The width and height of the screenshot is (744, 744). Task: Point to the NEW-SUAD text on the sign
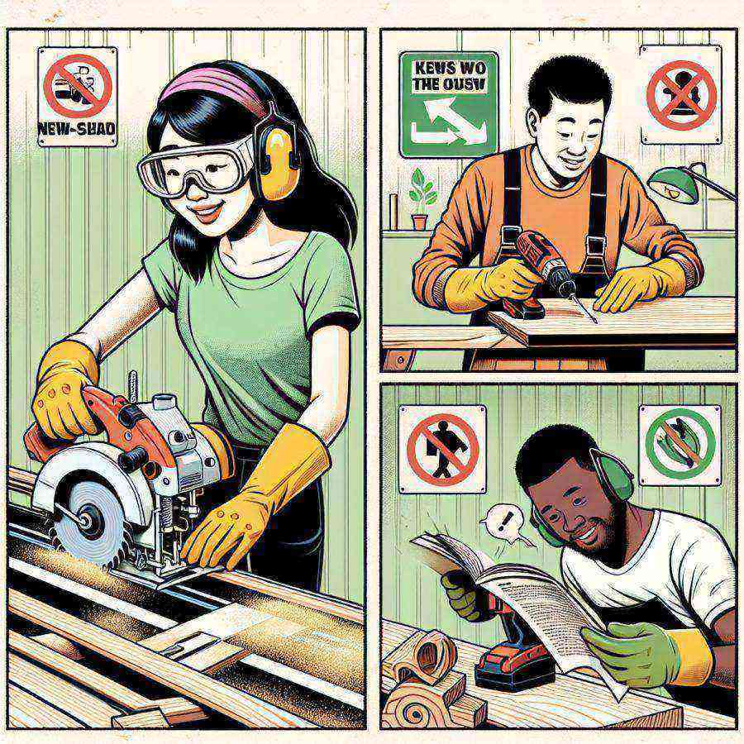pyautogui.click(x=78, y=129)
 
